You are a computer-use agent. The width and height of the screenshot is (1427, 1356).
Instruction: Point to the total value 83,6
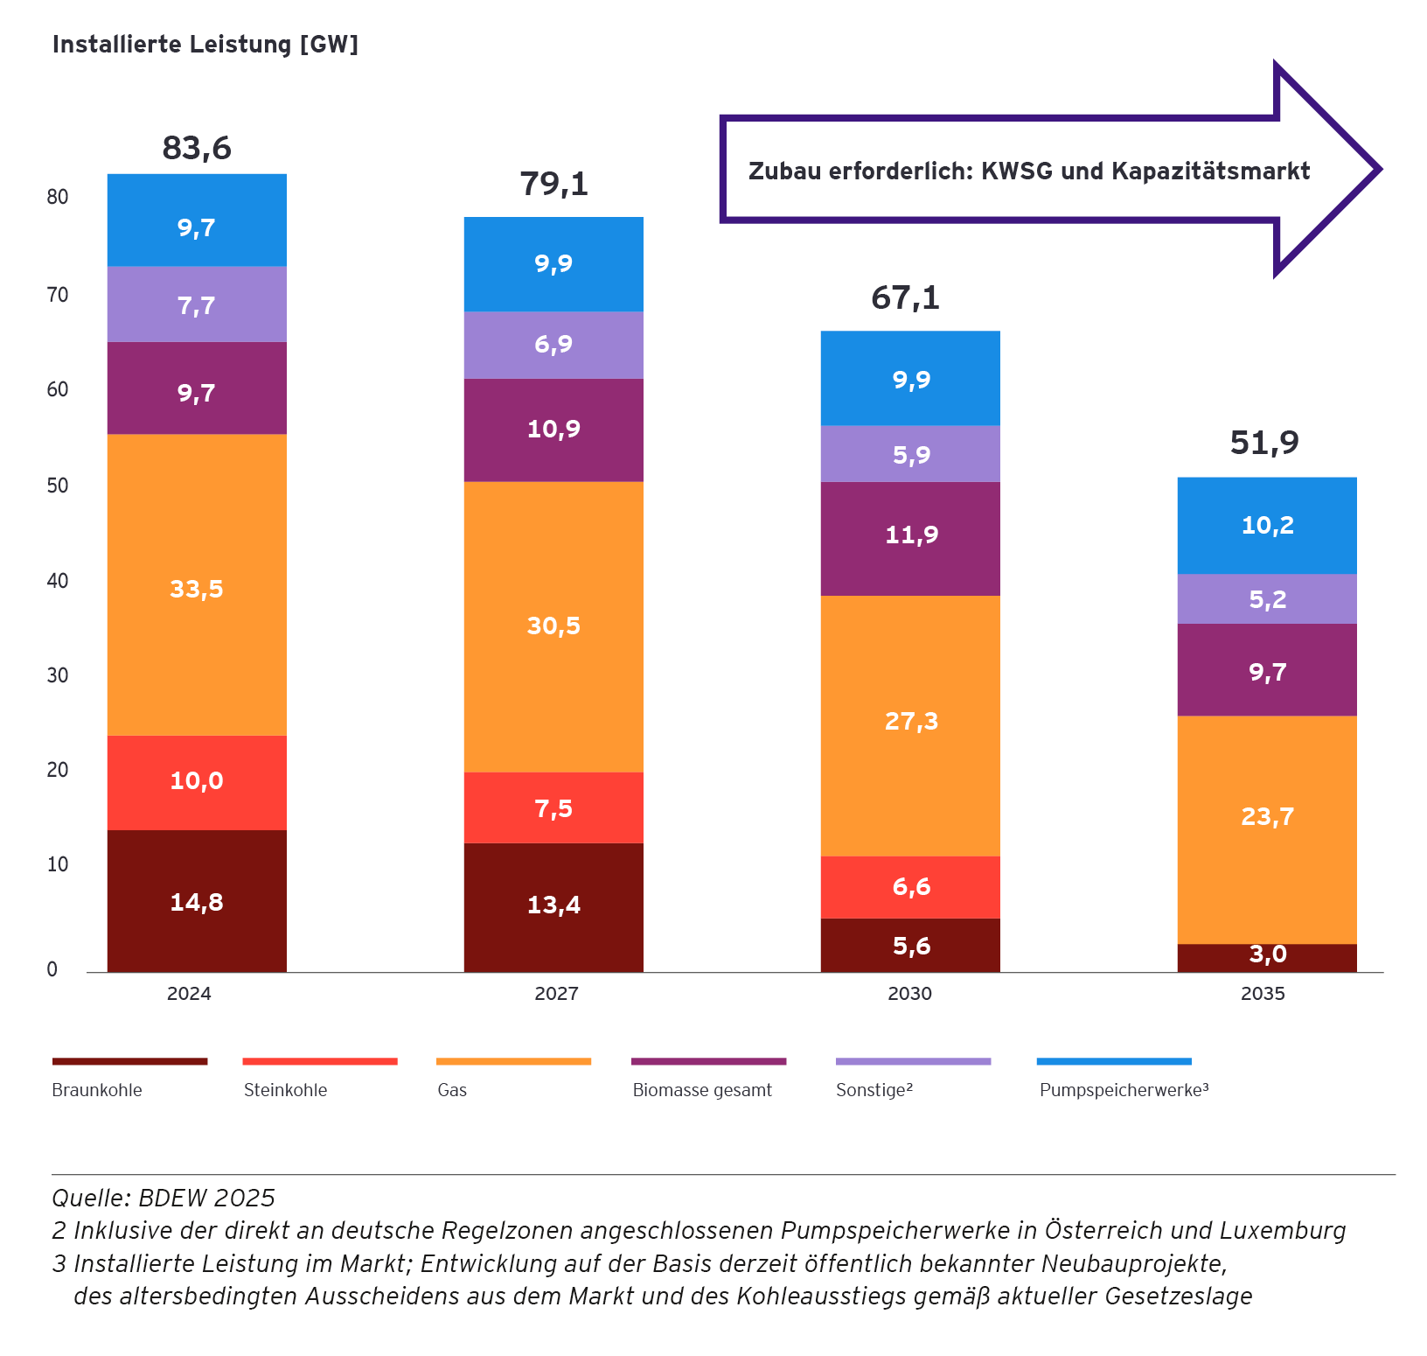(197, 148)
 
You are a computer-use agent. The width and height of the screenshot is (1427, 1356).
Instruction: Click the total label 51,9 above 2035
(1264, 443)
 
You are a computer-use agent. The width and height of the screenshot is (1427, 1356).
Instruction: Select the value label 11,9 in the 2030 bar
(911, 535)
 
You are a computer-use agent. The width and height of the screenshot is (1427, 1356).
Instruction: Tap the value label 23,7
(1267, 816)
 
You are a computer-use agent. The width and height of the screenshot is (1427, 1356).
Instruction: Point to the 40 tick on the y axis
(58, 581)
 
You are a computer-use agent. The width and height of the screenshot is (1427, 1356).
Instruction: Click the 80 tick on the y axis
(58, 197)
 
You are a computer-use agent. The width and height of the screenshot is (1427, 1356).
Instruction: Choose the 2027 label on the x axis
(556, 994)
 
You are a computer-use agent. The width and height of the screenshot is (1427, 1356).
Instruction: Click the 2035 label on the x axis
(1263, 994)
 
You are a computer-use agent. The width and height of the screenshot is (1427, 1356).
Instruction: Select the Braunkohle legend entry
(97, 1090)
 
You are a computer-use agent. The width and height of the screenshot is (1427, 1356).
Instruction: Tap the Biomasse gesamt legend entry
(702, 1090)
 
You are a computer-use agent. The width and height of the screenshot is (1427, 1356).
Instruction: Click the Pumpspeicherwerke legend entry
(1124, 1090)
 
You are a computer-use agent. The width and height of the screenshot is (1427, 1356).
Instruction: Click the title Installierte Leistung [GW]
(205, 45)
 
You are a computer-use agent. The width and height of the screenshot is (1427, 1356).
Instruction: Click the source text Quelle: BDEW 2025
(164, 1198)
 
